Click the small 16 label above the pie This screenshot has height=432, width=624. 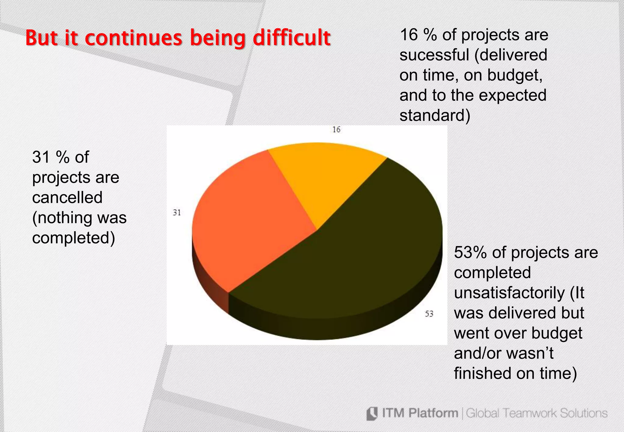(x=336, y=130)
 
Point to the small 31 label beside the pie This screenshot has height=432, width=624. (x=177, y=213)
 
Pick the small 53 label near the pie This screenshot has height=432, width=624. (x=429, y=314)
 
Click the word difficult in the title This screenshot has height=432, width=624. (x=292, y=38)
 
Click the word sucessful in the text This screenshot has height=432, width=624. (x=434, y=55)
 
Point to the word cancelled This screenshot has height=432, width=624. (x=67, y=197)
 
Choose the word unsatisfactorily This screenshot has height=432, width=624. (x=509, y=293)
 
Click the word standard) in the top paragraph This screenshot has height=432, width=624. (x=435, y=116)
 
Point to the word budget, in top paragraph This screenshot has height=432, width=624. (x=515, y=75)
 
